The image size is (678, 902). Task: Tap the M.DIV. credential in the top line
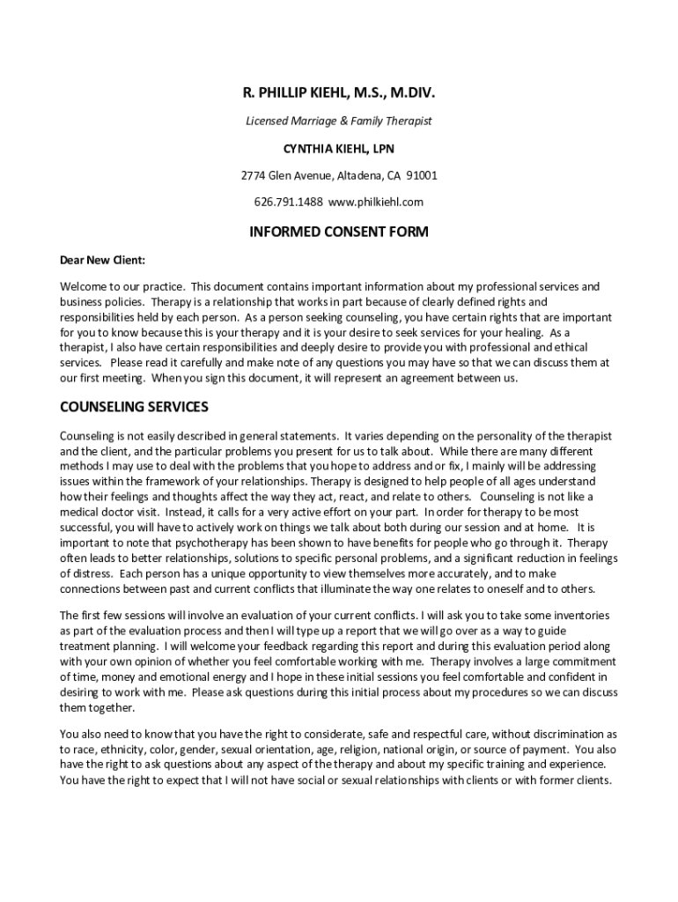(x=410, y=92)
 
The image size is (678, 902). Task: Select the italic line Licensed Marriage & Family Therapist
(x=339, y=121)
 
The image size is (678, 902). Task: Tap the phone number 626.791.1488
(x=289, y=202)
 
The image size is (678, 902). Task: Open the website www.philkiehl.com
(x=376, y=202)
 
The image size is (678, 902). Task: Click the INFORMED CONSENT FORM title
(x=339, y=233)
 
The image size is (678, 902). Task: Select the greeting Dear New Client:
(x=102, y=260)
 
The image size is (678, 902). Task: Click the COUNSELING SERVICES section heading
(x=134, y=407)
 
